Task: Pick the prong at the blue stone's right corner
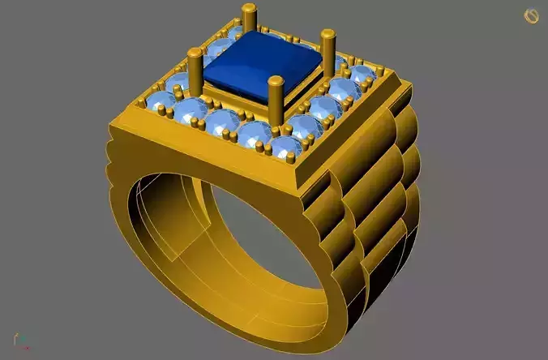[328, 53]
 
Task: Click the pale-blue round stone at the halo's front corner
[285, 147]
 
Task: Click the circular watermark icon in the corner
[532, 15]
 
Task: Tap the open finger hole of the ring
[243, 235]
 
